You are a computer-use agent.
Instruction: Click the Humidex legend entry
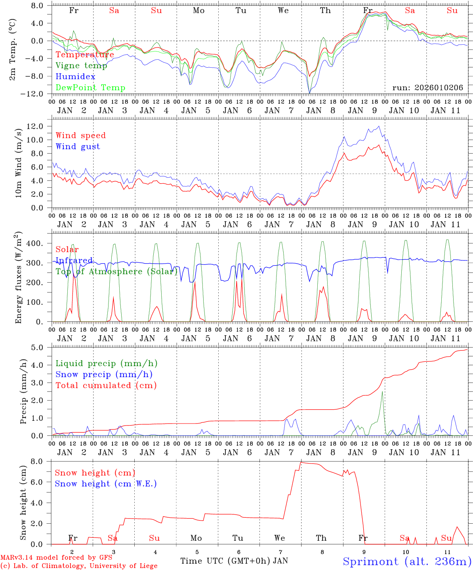coord(75,77)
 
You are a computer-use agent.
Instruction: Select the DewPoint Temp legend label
coord(90,88)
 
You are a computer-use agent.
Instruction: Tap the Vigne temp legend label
coord(81,66)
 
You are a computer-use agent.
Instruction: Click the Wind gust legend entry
coord(78,146)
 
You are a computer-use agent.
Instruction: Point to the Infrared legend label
coord(74,260)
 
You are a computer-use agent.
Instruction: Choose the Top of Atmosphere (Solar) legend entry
coord(116,272)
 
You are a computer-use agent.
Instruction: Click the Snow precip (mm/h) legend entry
coord(104,374)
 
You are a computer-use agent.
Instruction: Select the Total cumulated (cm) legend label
coord(106,386)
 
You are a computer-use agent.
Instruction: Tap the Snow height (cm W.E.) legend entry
coord(106,484)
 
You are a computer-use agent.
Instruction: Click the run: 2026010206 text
coord(427,88)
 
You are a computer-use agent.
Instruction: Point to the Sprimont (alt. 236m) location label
coord(407,561)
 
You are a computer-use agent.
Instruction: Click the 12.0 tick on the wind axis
coord(35,126)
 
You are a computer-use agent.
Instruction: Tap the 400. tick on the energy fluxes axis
coord(34,243)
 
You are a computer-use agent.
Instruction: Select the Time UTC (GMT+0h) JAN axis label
coord(234,561)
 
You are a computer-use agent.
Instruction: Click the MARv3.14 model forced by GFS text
coord(56,558)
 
